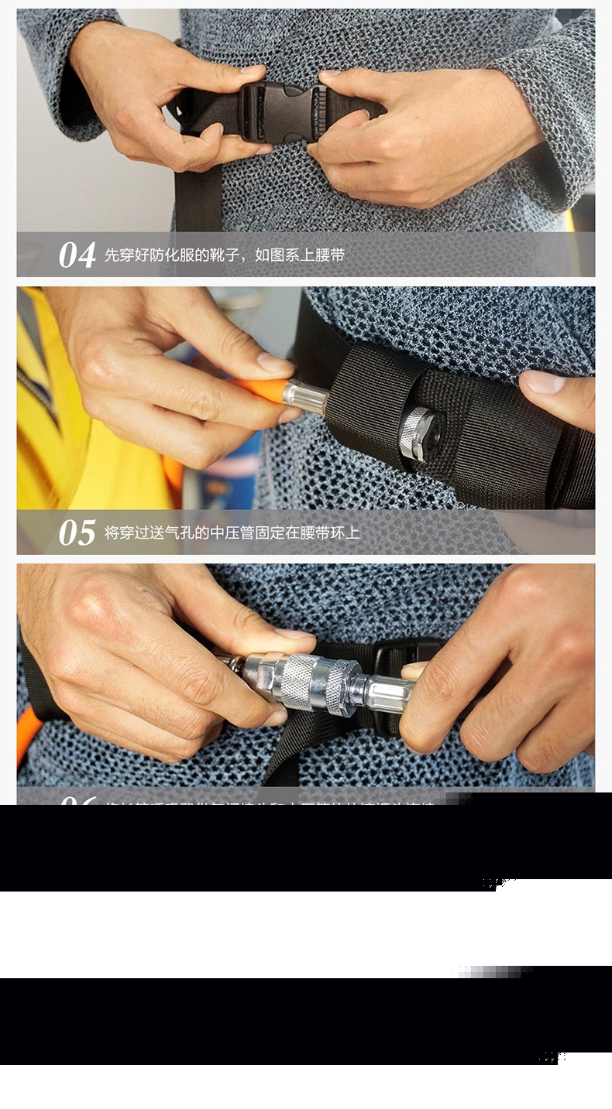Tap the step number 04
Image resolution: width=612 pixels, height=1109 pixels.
[77, 255]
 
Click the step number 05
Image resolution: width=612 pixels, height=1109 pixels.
[77, 533]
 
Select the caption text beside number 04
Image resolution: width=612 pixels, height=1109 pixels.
[224, 255]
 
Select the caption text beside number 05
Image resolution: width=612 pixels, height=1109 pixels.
[232, 532]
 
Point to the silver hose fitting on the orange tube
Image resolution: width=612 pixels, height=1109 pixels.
[305, 395]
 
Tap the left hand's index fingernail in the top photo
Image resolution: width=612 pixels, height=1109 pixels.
[253, 70]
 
